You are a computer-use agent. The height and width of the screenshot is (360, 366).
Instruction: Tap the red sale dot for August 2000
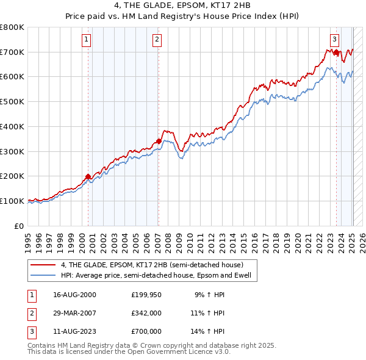point(88,176)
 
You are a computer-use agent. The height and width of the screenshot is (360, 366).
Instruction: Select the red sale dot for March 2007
point(159,141)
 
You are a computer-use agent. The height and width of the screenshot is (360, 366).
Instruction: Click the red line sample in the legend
point(43,265)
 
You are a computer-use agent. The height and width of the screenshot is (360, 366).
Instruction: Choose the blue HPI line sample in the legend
point(43,275)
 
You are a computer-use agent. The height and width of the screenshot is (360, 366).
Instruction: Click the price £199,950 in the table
point(146,295)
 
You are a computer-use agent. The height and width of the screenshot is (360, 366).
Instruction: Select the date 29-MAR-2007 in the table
point(74,313)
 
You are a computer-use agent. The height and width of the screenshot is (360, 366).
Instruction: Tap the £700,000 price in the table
point(146,331)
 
